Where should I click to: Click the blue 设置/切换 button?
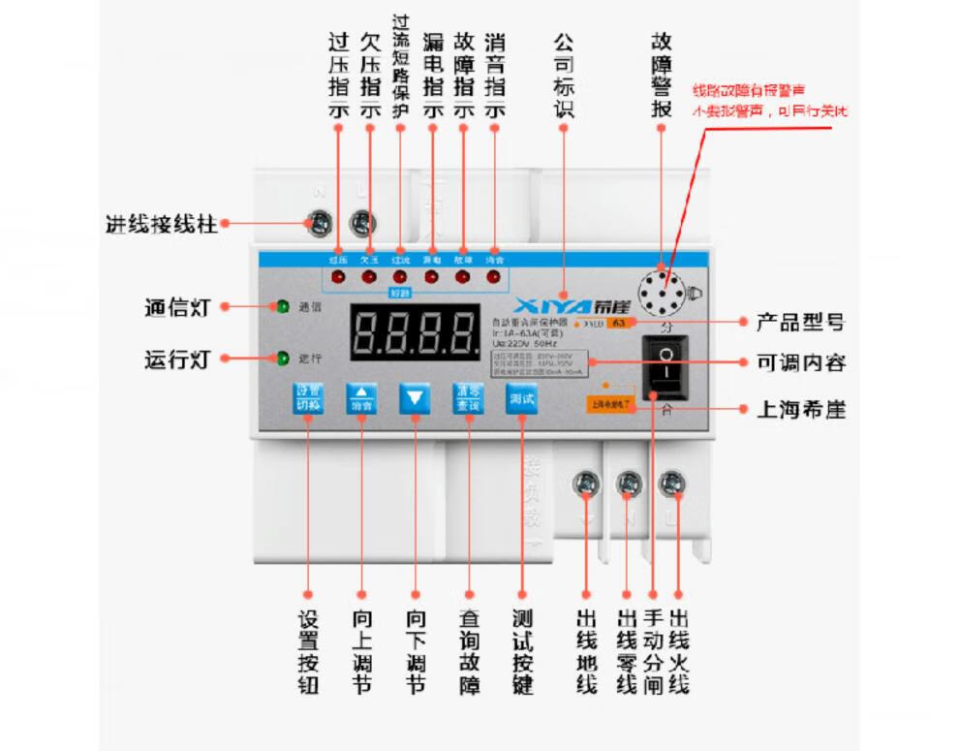[307, 398]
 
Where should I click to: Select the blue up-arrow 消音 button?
[360, 398]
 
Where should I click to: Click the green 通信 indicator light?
[283, 307]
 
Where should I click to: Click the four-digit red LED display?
[415, 333]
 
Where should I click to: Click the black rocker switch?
[665, 368]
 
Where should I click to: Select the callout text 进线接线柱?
[161, 224]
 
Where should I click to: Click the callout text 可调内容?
[801, 363]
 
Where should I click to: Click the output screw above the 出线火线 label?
[672, 483]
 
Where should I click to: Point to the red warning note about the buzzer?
[768, 101]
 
